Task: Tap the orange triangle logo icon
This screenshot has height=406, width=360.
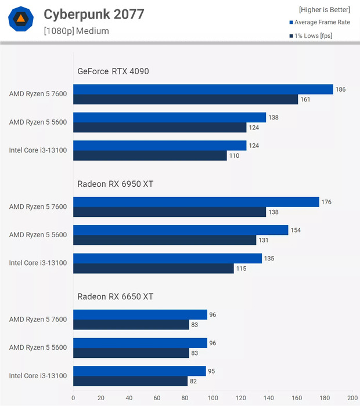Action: tap(21, 20)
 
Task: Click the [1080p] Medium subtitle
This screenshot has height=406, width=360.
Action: tap(76, 31)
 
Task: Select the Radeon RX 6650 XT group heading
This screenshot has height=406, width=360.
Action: tap(116, 296)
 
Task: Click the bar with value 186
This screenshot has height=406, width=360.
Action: tap(203, 89)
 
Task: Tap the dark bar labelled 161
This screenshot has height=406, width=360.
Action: tap(186, 99)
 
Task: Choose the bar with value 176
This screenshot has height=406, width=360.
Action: tap(196, 202)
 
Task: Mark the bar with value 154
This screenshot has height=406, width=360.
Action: tap(181, 230)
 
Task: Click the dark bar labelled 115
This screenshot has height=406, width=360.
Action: tap(153, 268)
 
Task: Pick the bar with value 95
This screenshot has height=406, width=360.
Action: tap(139, 371)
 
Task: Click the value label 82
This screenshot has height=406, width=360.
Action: tap(194, 381)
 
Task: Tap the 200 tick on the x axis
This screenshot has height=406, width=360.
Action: tap(352, 398)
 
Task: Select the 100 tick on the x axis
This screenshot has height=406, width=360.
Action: tap(213, 398)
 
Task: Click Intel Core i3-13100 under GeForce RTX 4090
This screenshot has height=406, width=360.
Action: tap(38, 150)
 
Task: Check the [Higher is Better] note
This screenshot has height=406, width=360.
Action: tap(325, 10)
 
